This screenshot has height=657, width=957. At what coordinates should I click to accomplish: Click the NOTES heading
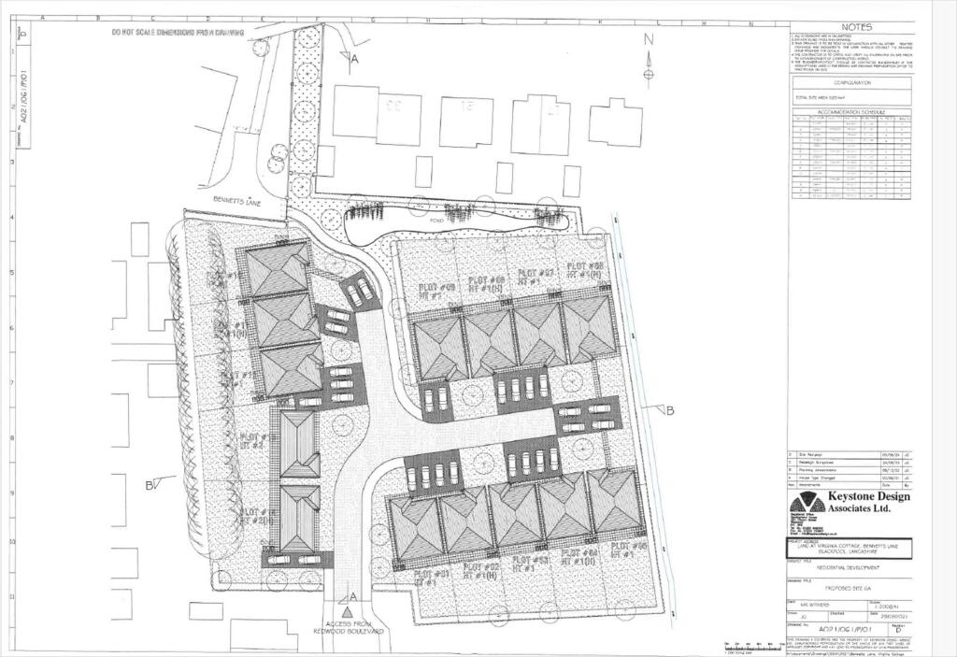pos(855,27)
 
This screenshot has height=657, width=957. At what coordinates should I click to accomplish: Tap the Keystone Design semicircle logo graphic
pos(805,505)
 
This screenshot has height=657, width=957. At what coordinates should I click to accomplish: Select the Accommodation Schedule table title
pos(850,111)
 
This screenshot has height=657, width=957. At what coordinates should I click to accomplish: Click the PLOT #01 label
pos(433,571)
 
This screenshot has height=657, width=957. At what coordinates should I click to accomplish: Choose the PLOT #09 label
pos(436,286)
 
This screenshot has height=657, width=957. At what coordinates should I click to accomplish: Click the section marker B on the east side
pos(669,410)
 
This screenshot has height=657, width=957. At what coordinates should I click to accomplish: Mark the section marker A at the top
pos(354,58)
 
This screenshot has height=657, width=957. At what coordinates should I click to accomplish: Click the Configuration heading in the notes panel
pos(850,83)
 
